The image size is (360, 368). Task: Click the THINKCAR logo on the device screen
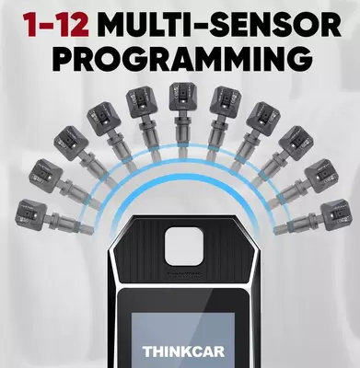tap(180, 351)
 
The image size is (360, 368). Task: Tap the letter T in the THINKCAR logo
tap(148, 351)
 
